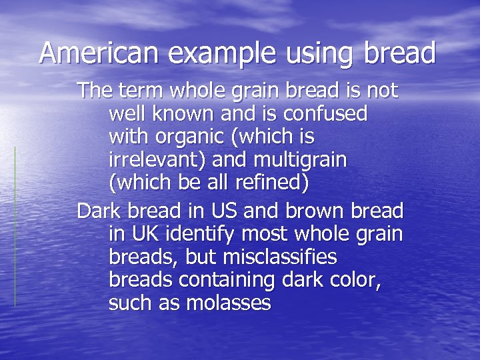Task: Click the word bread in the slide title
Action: (400, 52)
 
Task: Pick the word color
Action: (358, 281)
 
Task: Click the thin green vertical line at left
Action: (15, 227)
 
